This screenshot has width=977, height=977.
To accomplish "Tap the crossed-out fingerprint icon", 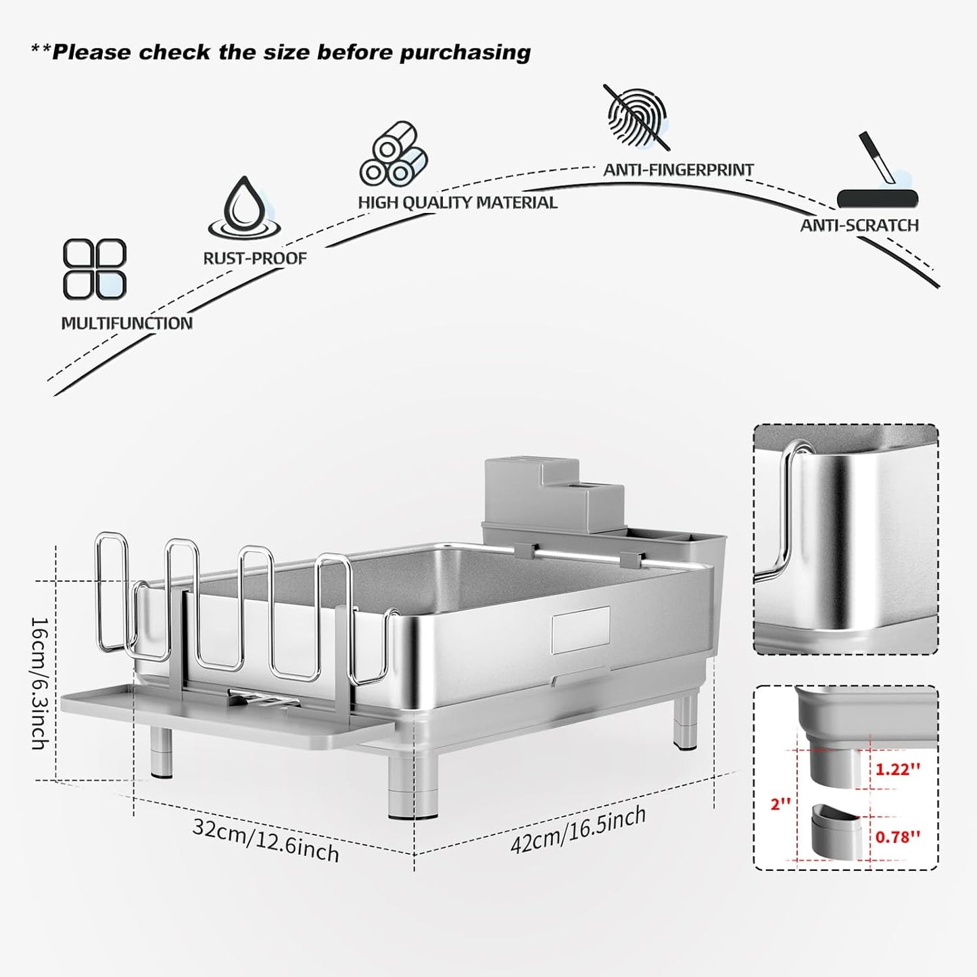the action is tap(636, 117).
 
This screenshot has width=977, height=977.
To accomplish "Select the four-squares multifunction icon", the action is tap(95, 268).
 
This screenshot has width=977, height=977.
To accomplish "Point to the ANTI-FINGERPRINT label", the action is tap(678, 170).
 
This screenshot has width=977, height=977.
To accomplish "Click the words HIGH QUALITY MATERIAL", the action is tap(458, 203).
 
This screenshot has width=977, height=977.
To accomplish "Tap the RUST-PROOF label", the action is tap(255, 258).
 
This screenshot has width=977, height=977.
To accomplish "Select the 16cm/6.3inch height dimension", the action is tap(39, 683).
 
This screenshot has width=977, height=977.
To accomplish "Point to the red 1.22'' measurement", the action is tap(898, 769).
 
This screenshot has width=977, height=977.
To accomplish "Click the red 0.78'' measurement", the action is tap(897, 836).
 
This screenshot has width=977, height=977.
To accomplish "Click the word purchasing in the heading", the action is tap(465, 53).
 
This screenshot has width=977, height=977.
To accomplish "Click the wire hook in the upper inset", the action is tap(786, 512).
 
